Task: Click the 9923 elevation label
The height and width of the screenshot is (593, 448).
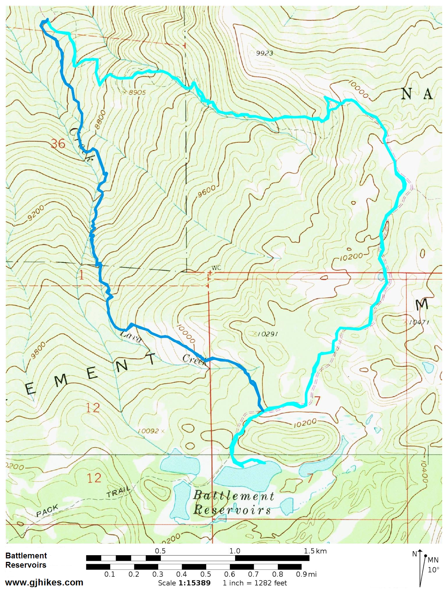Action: [x=264, y=53]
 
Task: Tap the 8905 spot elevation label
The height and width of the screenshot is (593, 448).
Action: [x=136, y=92]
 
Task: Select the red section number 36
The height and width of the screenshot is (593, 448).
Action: [x=58, y=144]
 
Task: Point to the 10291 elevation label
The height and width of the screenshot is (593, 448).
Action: [x=267, y=334]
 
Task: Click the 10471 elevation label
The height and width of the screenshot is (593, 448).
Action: [x=419, y=322]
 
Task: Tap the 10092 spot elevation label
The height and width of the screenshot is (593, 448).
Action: [x=149, y=431]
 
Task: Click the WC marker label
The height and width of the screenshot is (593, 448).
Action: [x=216, y=268]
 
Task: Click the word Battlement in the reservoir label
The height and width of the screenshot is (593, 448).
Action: [x=234, y=496]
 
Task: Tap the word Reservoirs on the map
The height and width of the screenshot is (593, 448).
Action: [x=232, y=510]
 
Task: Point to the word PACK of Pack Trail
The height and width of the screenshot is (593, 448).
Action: [x=47, y=511]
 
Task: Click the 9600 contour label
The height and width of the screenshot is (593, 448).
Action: [x=206, y=191]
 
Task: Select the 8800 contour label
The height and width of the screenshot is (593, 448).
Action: [x=100, y=119]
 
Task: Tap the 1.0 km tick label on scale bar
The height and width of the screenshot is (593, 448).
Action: [x=234, y=551]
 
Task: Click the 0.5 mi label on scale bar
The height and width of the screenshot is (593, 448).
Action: [x=205, y=574]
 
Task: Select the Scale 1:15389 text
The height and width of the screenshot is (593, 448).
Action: [x=184, y=583]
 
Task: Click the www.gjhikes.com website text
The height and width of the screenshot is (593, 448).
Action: [x=44, y=582]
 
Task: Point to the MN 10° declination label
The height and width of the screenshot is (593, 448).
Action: [x=433, y=564]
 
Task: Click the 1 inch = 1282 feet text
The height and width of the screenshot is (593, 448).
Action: [x=254, y=583]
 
